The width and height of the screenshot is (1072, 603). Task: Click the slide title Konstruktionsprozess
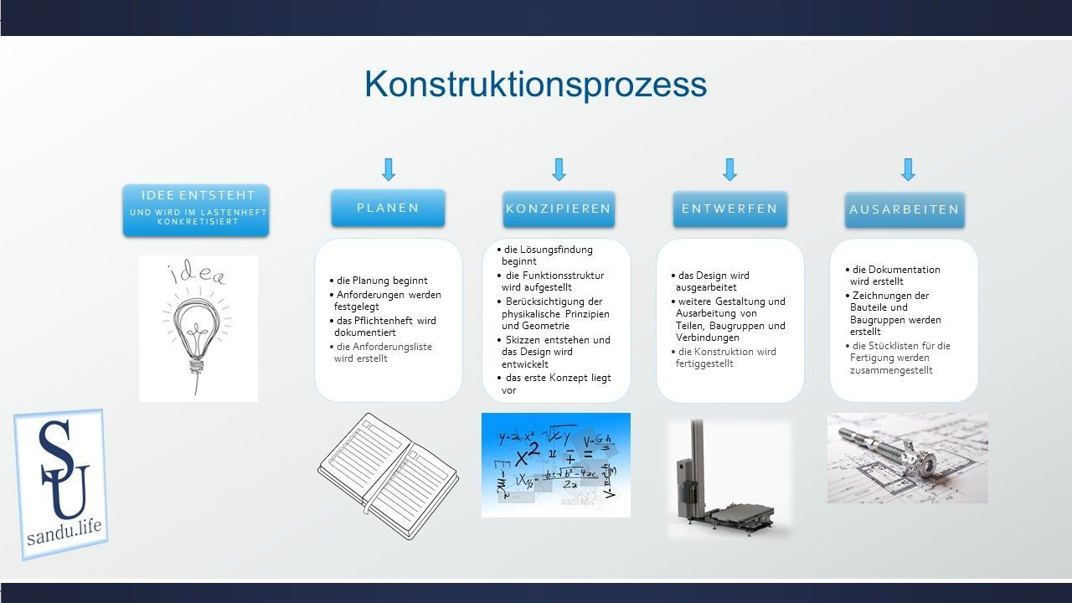535,85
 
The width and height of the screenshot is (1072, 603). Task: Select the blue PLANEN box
388,208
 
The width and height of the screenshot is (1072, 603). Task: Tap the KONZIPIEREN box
559,209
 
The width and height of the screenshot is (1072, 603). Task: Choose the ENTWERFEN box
729,209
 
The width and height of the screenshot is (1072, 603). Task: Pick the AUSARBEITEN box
904,209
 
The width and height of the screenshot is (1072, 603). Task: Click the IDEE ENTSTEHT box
196,209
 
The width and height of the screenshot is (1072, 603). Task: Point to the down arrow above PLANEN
389,170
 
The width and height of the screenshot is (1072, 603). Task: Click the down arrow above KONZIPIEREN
559,170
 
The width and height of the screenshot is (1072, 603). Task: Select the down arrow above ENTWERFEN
729,170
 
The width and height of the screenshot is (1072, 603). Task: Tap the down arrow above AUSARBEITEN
907,170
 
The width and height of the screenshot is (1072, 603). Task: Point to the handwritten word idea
197,273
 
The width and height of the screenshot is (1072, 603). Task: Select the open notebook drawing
387,475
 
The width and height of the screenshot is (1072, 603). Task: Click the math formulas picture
555,465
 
